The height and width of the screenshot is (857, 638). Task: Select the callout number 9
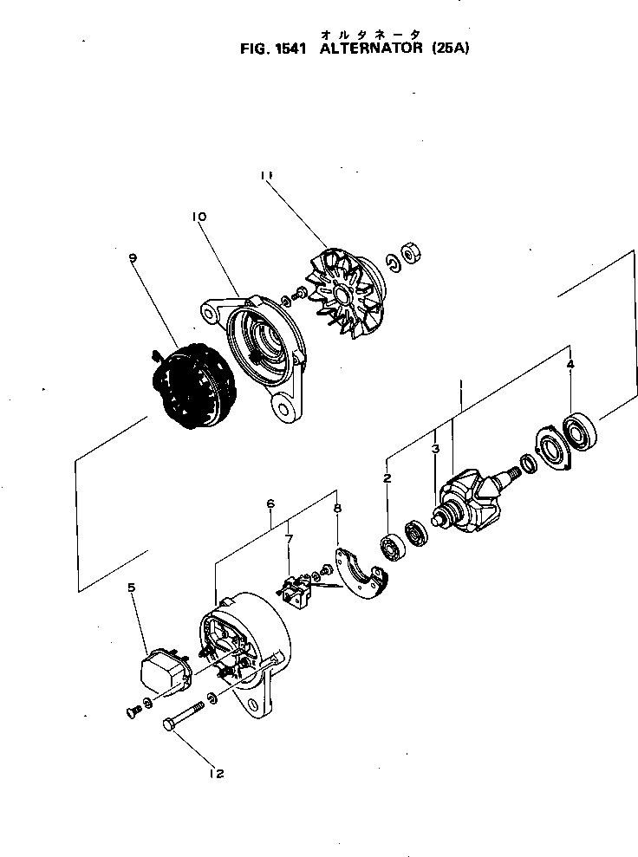(x=133, y=257)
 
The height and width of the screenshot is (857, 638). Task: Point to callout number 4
(x=570, y=366)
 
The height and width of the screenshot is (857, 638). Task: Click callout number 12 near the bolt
(x=216, y=773)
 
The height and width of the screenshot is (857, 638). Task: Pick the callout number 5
(x=132, y=588)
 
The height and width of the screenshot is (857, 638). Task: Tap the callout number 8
(x=337, y=510)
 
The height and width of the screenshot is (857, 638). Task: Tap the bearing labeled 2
(x=393, y=548)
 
